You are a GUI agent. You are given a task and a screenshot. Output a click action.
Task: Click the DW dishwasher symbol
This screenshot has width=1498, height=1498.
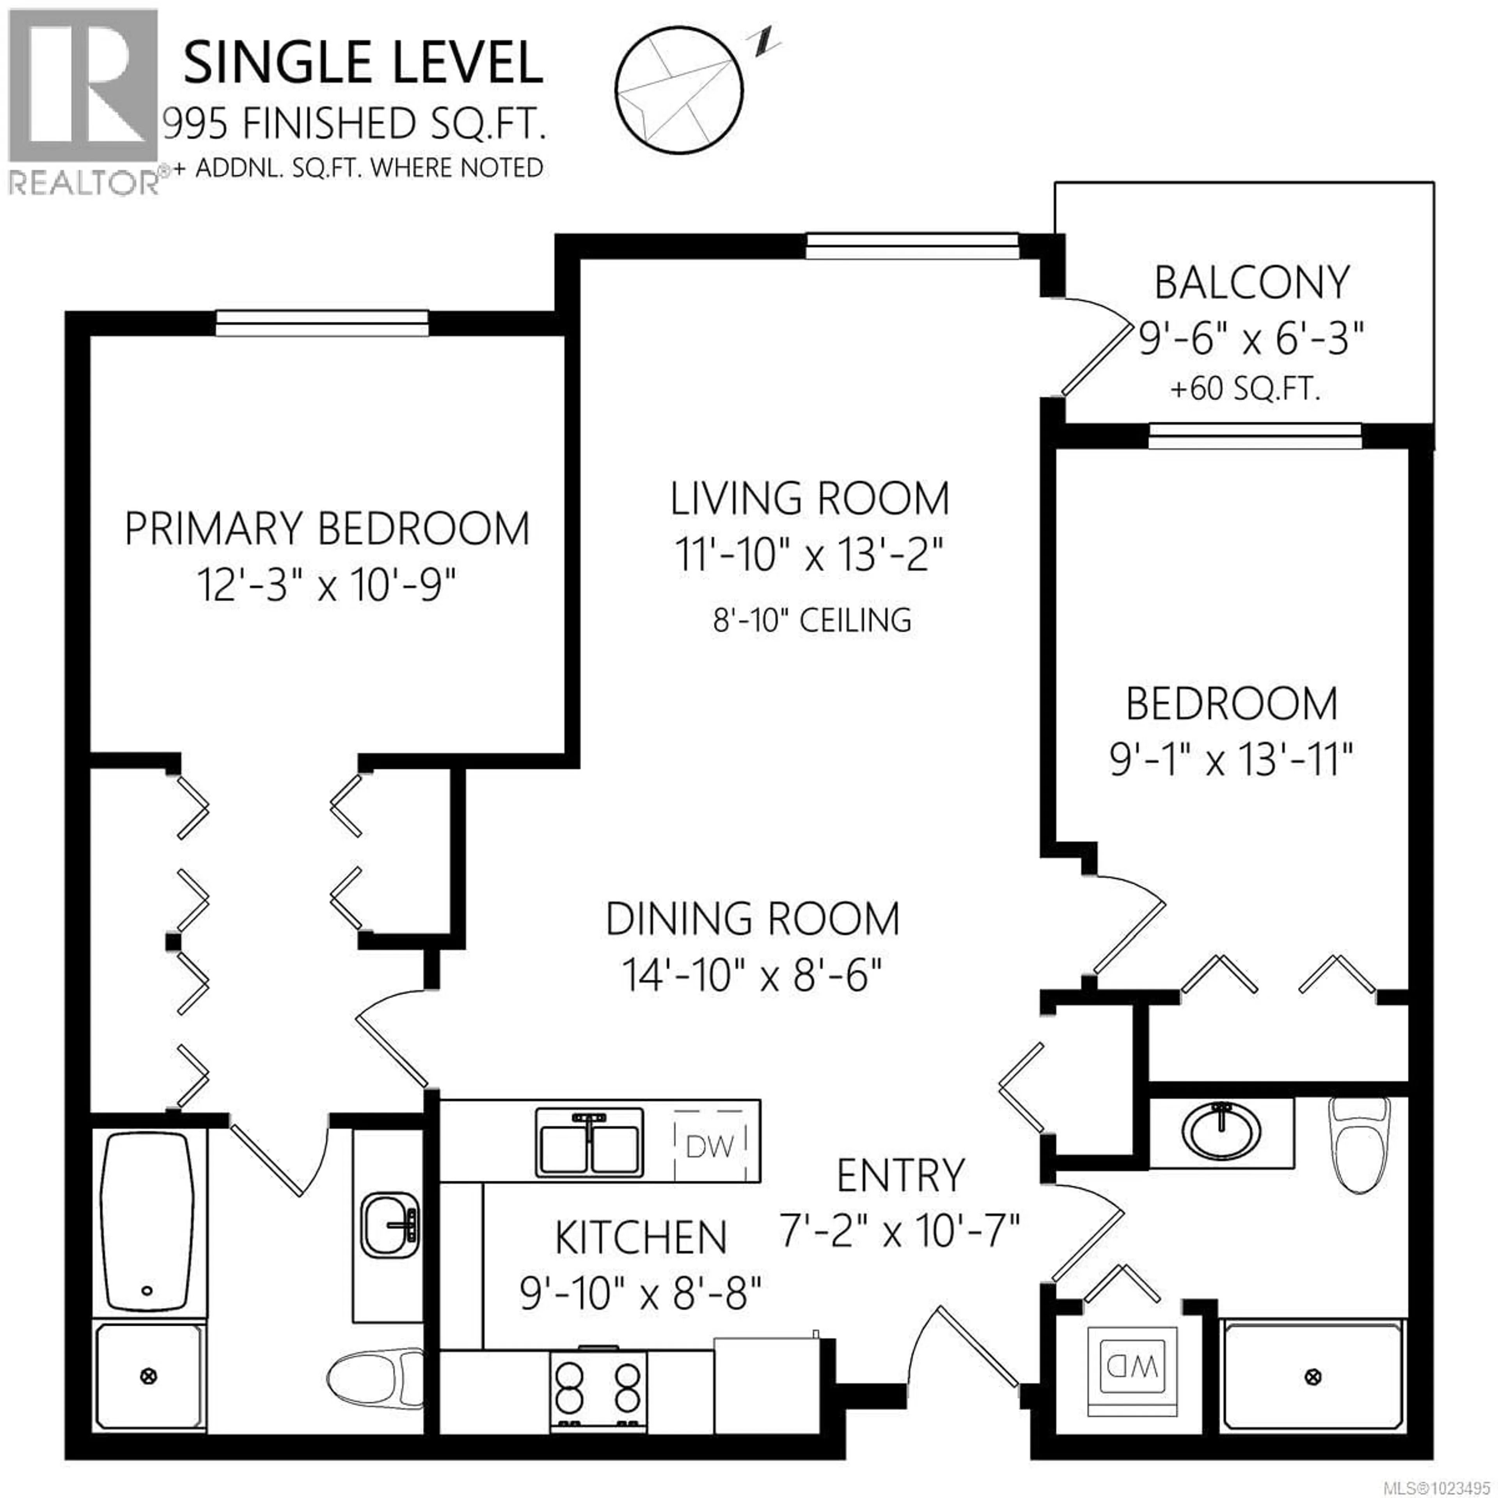pyautogui.click(x=710, y=1146)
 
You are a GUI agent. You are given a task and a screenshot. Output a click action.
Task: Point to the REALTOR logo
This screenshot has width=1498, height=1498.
pyautogui.click(x=84, y=101)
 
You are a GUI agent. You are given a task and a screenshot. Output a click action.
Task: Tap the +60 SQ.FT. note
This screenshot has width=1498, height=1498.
pyautogui.click(x=1244, y=389)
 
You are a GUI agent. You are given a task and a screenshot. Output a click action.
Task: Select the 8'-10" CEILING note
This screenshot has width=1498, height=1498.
pyautogui.click(x=812, y=620)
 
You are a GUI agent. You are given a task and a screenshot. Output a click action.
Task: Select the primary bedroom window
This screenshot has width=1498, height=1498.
pyautogui.click(x=322, y=323)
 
